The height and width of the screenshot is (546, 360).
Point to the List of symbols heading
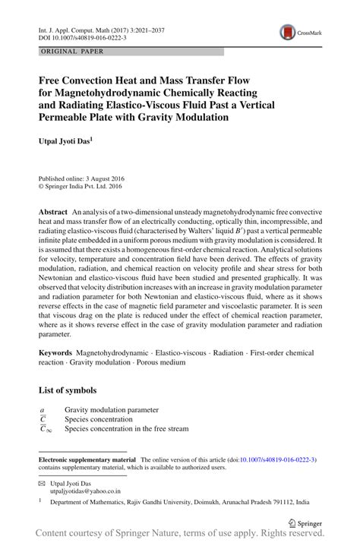click(x=68, y=390)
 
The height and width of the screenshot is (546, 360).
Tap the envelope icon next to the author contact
click(x=42, y=483)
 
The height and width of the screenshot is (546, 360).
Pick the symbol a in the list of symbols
click(x=42, y=409)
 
